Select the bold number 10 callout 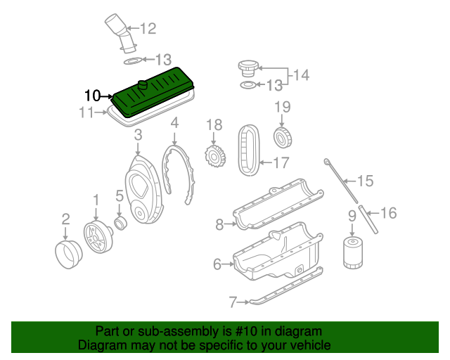point(93,96)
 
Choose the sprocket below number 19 point(282,136)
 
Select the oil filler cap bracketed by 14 point(248,68)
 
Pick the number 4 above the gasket point(174,122)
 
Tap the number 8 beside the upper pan point(219,224)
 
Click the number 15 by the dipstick point(365,181)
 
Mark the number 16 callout point(388,212)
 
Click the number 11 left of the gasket point(86,112)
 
